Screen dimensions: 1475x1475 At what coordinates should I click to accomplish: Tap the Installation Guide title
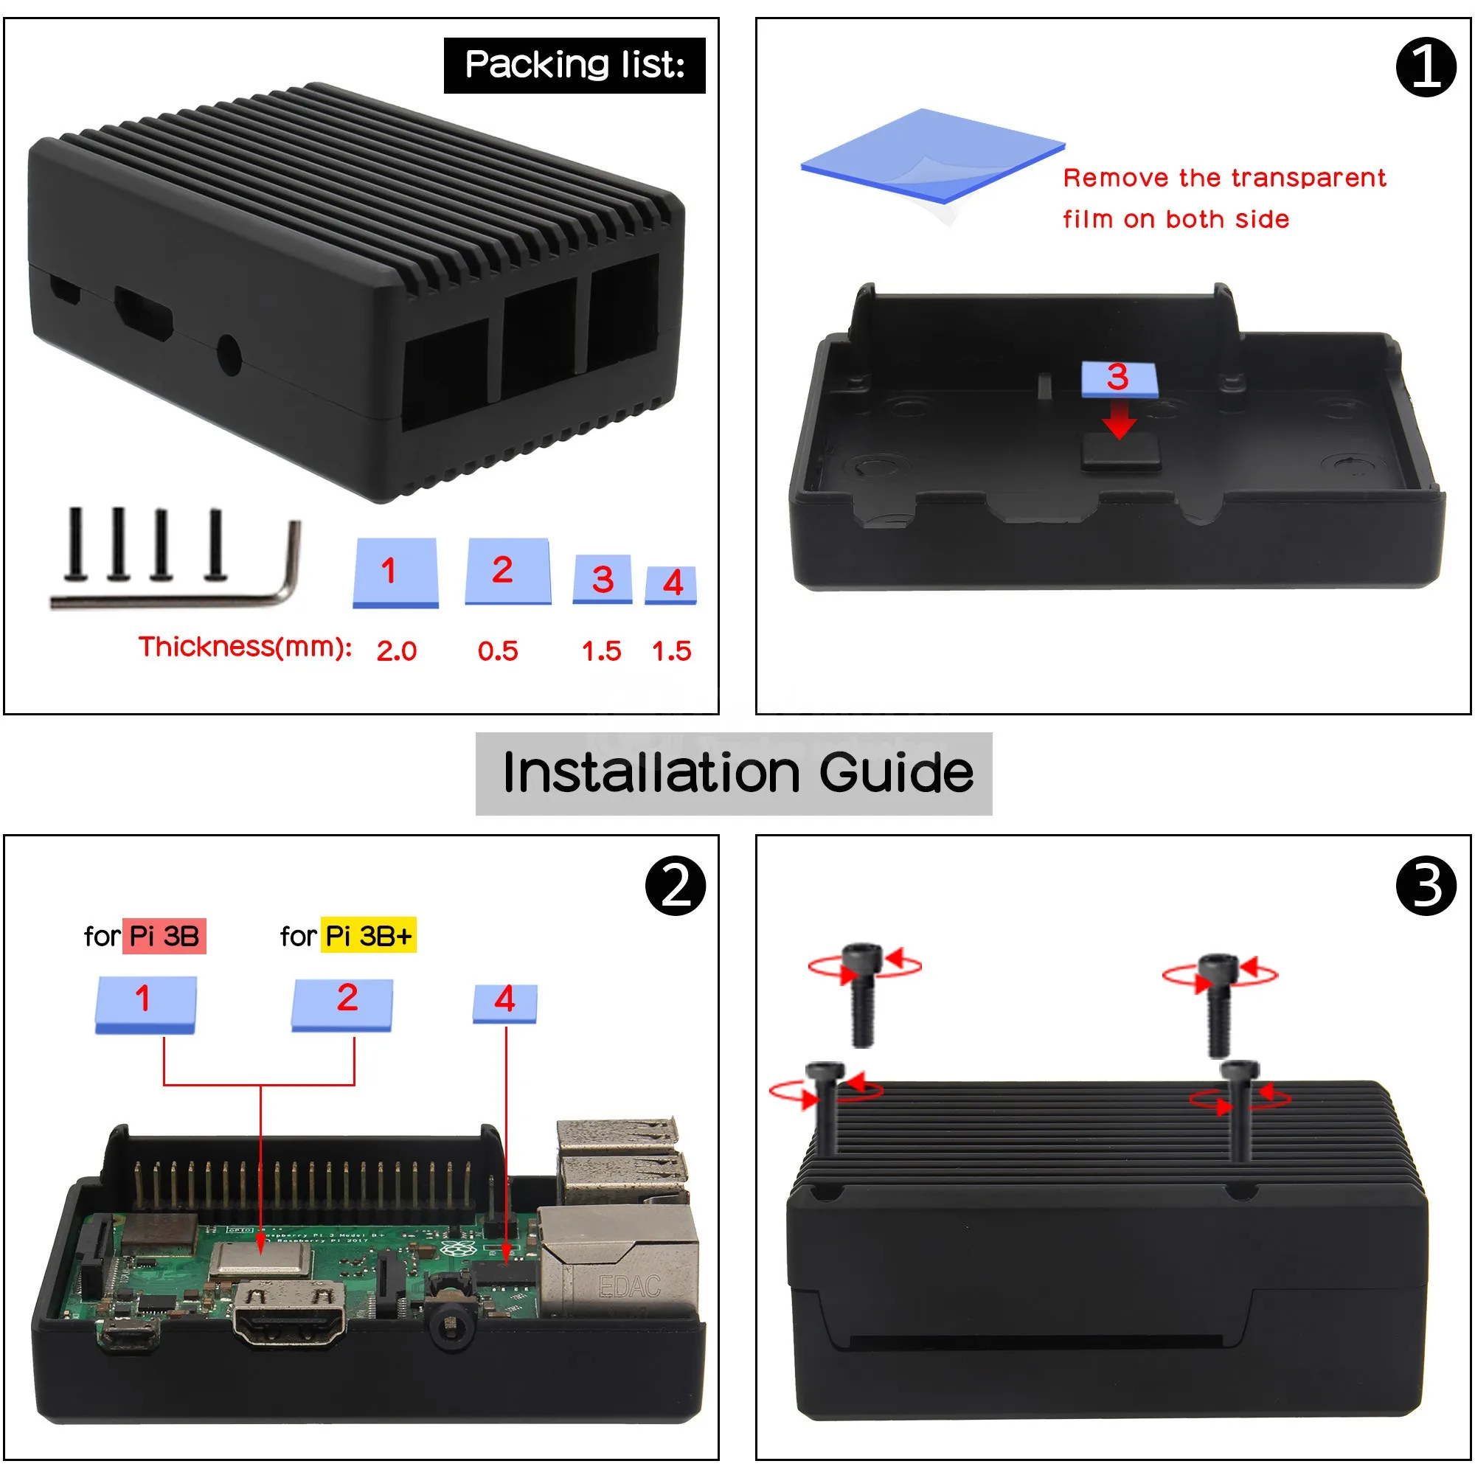point(737,773)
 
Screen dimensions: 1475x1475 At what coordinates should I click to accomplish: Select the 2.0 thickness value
point(396,651)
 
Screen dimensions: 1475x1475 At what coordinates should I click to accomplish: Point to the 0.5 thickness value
point(498,651)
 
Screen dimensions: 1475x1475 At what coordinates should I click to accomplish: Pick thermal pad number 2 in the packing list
point(507,571)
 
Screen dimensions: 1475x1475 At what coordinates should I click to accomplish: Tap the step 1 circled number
point(1426,67)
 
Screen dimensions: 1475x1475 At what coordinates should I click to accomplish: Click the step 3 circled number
point(1426,886)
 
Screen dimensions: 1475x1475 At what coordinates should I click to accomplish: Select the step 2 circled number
point(675,886)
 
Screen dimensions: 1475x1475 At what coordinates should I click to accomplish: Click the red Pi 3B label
point(164,936)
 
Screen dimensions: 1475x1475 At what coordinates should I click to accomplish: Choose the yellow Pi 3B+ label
point(368,936)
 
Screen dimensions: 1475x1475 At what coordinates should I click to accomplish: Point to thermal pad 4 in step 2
point(504,1002)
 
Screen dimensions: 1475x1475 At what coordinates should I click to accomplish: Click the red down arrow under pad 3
point(1119,420)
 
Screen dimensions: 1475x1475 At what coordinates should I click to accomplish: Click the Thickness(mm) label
point(244,648)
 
